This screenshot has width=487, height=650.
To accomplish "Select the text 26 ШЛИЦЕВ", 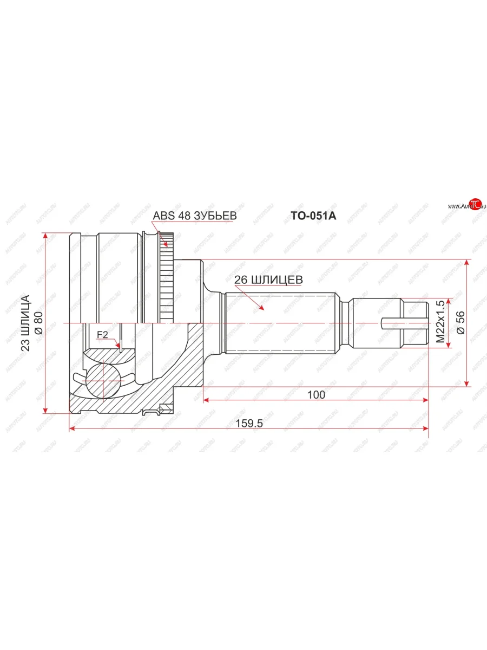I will pos(268,279).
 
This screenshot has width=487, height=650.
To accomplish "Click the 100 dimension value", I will pos(315,395).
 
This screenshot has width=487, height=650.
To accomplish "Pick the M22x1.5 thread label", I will pos(440,322).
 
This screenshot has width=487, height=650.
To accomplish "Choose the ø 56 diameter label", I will pos(460,323).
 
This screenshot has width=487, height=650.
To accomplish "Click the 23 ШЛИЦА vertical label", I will pos(25,323).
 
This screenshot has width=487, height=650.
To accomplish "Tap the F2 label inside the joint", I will pos(102,335).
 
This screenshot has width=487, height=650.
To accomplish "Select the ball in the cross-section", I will pos(103,380).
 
